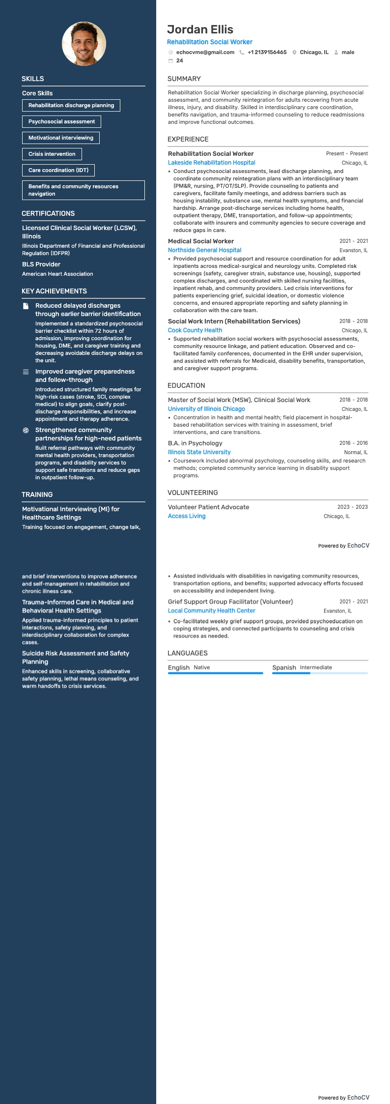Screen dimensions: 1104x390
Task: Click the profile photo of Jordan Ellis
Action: click(x=84, y=43)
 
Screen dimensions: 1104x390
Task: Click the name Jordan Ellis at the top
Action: click(x=200, y=29)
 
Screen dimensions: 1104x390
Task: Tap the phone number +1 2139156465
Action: click(x=267, y=52)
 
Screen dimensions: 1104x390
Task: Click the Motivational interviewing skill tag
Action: click(x=61, y=138)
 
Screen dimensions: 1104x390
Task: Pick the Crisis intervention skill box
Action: click(x=52, y=154)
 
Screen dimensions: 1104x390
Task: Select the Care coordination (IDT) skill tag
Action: click(x=58, y=171)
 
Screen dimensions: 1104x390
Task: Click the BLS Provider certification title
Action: click(x=41, y=264)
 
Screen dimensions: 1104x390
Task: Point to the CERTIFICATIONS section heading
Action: click(x=48, y=214)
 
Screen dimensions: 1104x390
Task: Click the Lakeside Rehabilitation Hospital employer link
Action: click(x=212, y=163)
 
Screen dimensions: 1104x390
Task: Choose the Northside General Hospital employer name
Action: click(x=204, y=250)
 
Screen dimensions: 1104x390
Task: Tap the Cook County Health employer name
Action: click(x=195, y=330)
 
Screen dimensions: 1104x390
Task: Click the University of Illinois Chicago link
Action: click(x=206, y=409)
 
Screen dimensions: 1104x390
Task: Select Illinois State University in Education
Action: click(x=199, y=452)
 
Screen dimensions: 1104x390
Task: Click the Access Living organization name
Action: click(x=187, y=516)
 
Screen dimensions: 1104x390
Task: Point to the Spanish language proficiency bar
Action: click(x=320, y=673)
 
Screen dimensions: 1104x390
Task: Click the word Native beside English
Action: click(x=201, y=668)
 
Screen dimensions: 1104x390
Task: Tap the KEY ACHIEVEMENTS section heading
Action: click(x=54, y=291)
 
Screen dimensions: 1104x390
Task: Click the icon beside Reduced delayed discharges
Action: click(x=26, y=306)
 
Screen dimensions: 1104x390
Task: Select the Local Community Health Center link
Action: click(x=211, y=611)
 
